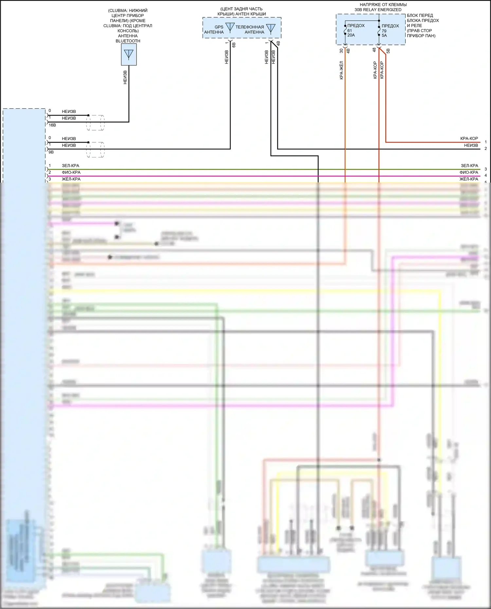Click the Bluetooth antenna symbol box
pos(129,55)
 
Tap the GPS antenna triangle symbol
pos(230,27)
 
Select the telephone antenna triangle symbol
pos(271,29)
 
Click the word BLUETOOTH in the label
pos(128,41)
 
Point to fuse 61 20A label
pos(351,33)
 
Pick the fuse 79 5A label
pos(384,33)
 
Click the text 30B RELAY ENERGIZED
pos(378,10)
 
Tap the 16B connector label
pos(52,125)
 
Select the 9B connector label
pos(51,152)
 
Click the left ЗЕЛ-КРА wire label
pos(70,166)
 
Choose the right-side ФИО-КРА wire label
pos(469,172)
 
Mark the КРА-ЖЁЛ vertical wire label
pos(341,70)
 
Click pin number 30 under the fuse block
pos(341,51)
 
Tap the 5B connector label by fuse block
pos(388,51)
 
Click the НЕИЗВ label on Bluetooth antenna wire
pos(125,78)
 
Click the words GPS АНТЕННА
pos(214,30)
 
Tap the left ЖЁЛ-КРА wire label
pos(71,179)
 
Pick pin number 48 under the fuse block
pos(374,50)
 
